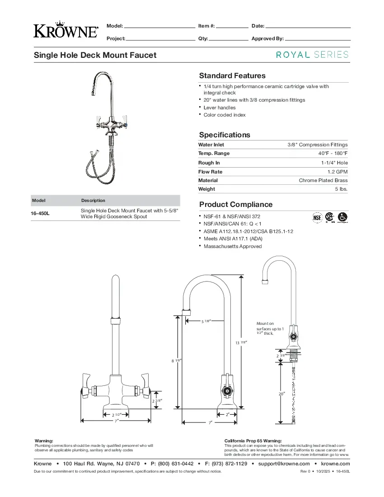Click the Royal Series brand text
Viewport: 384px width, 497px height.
(x=312, y=55)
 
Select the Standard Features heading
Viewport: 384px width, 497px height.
(x=232, y=76)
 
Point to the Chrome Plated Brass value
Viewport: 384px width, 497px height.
(x=323, y=180)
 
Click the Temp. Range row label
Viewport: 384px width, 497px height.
(x=214, y=154)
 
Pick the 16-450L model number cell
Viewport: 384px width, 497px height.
(x=40, y=214)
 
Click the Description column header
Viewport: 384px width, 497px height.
(x=93, y=201)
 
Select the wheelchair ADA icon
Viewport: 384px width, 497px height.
(x=342, y=217)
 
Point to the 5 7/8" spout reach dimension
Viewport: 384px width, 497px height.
(x=206, y=321)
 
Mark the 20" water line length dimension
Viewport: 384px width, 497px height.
(x=282, y=394)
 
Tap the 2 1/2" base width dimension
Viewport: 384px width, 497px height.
(x=115, y=414)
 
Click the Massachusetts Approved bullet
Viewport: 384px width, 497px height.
(x=232, y=247)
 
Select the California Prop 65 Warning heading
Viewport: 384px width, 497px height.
(x=253, y=441)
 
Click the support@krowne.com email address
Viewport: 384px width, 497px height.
(x=284, y=464)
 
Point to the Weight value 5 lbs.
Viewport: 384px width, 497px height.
(x=341, y=189)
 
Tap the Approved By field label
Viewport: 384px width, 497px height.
(x=267, y=39)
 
